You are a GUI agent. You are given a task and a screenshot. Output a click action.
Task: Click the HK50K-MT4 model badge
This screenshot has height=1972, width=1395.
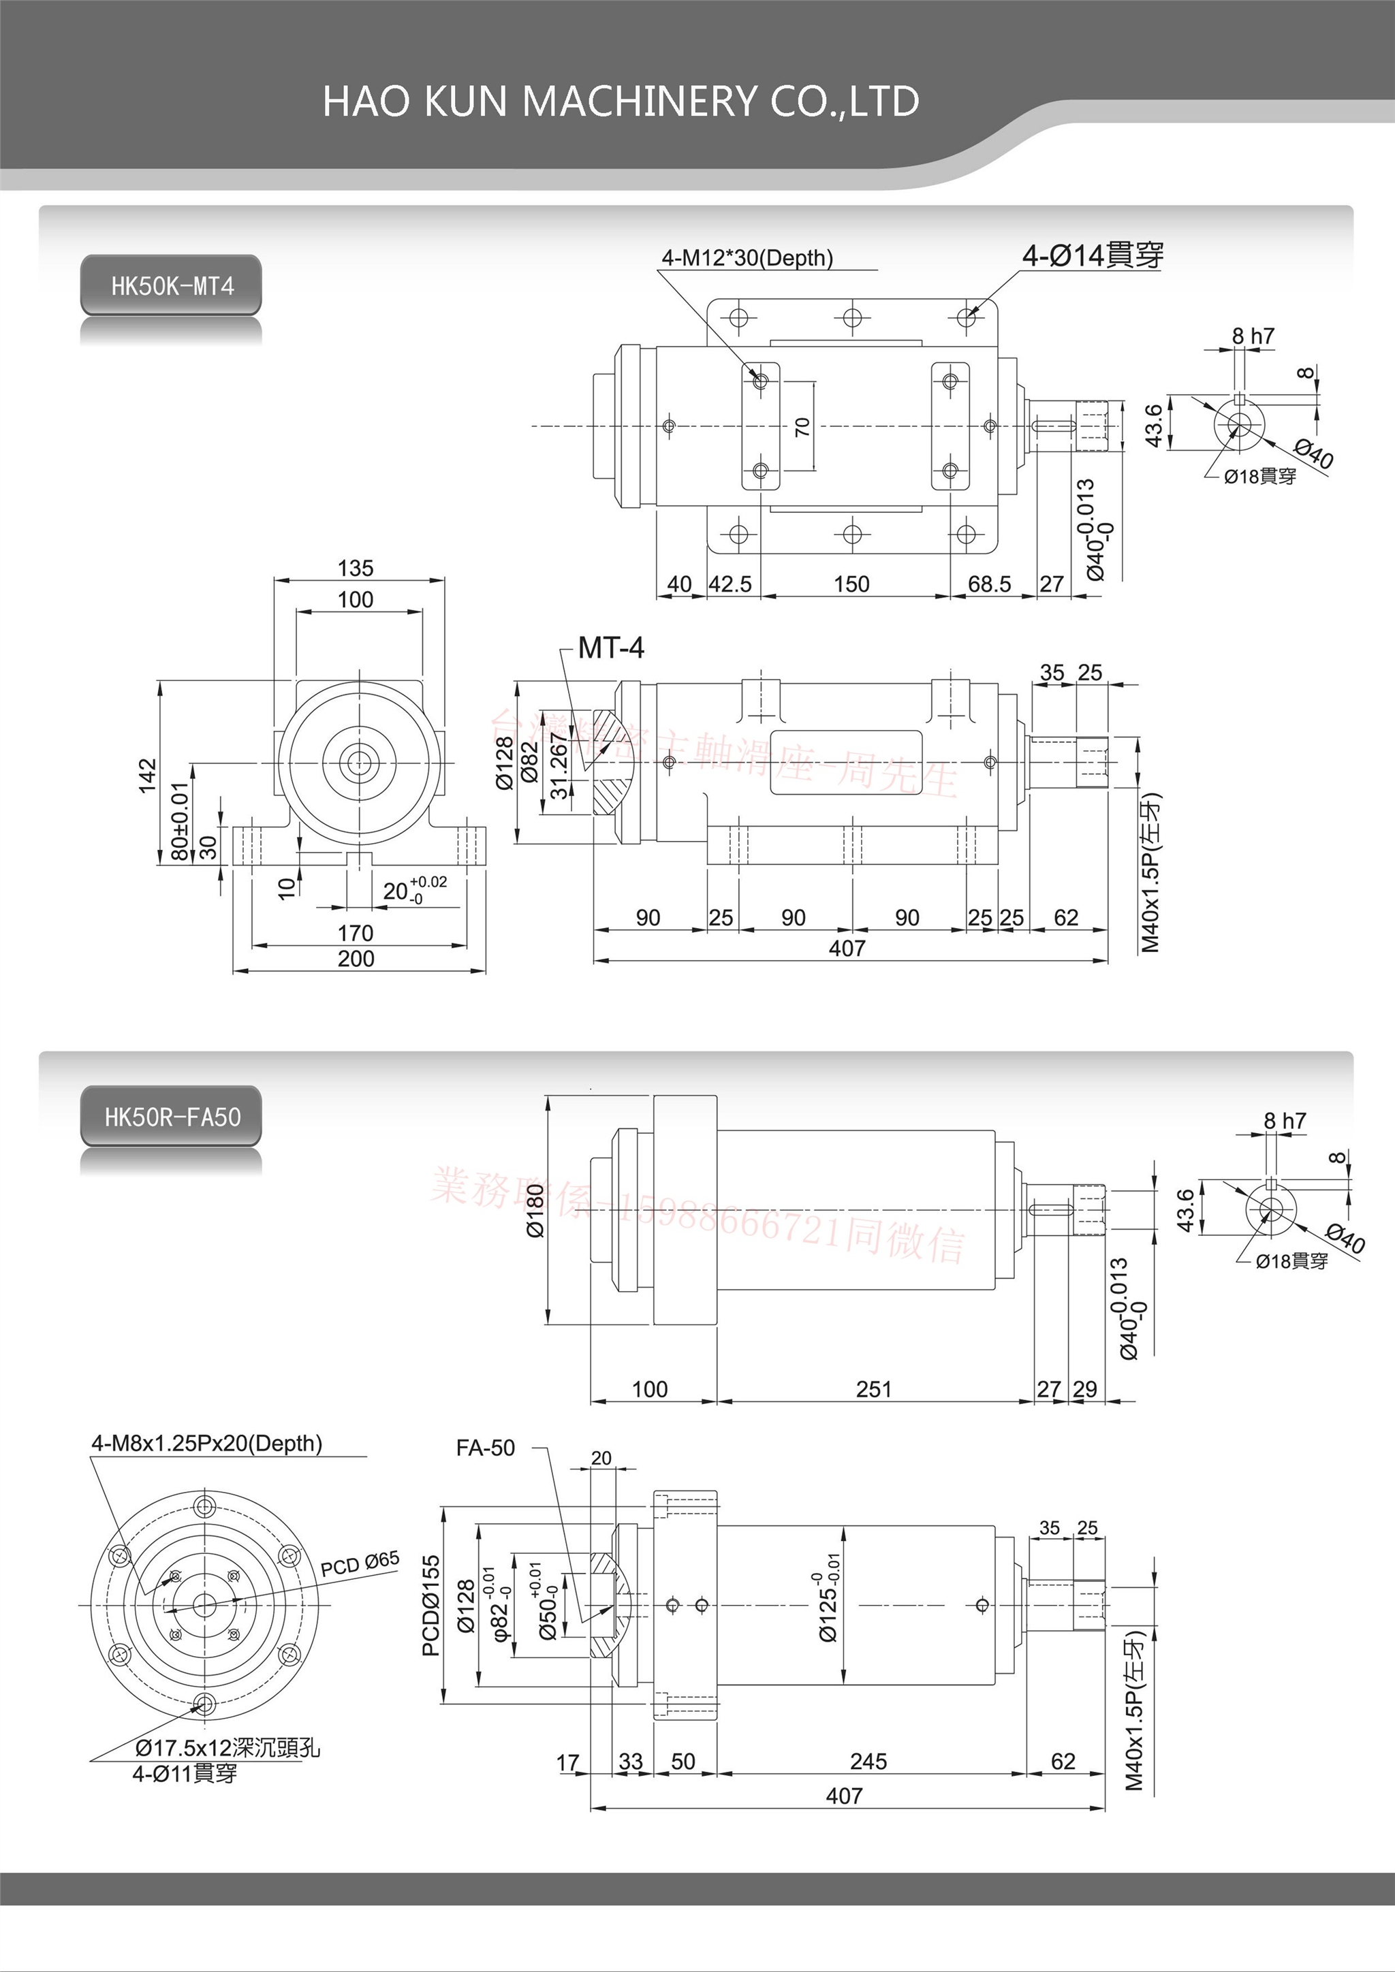click(x=171, y=286)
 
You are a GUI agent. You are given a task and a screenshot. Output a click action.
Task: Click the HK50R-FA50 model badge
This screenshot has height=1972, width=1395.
click(x=172, y=1117)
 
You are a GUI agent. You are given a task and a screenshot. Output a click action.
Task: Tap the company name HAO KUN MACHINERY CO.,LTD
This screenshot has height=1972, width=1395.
click(x=621, y=101)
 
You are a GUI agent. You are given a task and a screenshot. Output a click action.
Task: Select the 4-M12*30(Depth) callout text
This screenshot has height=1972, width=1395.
click(x=747, y=257)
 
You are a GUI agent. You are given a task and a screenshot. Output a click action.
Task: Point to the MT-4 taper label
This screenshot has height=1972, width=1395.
click(x=611, y=648)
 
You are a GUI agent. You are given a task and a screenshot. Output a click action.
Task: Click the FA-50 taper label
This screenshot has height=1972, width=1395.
click(x=486, y=1448)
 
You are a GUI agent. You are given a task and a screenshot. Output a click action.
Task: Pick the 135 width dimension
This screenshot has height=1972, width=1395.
click(x=356, y=569)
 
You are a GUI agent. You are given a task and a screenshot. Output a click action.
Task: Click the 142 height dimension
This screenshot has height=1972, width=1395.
click(x=148, y=775)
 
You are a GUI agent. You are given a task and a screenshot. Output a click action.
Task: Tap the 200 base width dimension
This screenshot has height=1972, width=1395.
click(x=356, y=959)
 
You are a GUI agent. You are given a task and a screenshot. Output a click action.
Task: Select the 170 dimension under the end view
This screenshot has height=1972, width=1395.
click(x=356, y=933)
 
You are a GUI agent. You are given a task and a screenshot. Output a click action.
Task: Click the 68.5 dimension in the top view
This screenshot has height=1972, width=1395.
click(x=989, y=584)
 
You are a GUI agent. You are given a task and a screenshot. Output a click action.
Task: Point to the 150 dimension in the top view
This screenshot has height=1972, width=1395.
click(x=851, y=584)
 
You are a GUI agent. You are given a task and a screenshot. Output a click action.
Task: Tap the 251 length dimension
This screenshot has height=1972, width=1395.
click(x=874, y=1389)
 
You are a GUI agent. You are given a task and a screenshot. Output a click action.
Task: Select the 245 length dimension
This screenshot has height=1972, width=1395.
click(x=868, y=1762)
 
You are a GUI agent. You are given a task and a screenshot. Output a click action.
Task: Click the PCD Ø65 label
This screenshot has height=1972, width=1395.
click(x=360, y=1564)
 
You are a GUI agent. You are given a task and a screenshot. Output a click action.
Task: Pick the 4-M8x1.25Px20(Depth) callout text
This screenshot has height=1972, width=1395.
click(x=207, y=1444)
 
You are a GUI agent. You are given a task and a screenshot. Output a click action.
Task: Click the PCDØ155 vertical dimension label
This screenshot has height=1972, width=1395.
click(x=431, y=1604)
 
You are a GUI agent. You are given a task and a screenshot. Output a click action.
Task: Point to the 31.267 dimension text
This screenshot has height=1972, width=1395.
click(x=559, y=766)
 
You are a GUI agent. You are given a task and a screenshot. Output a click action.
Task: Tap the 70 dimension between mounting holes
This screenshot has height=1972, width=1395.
click(x=802, y=427)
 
